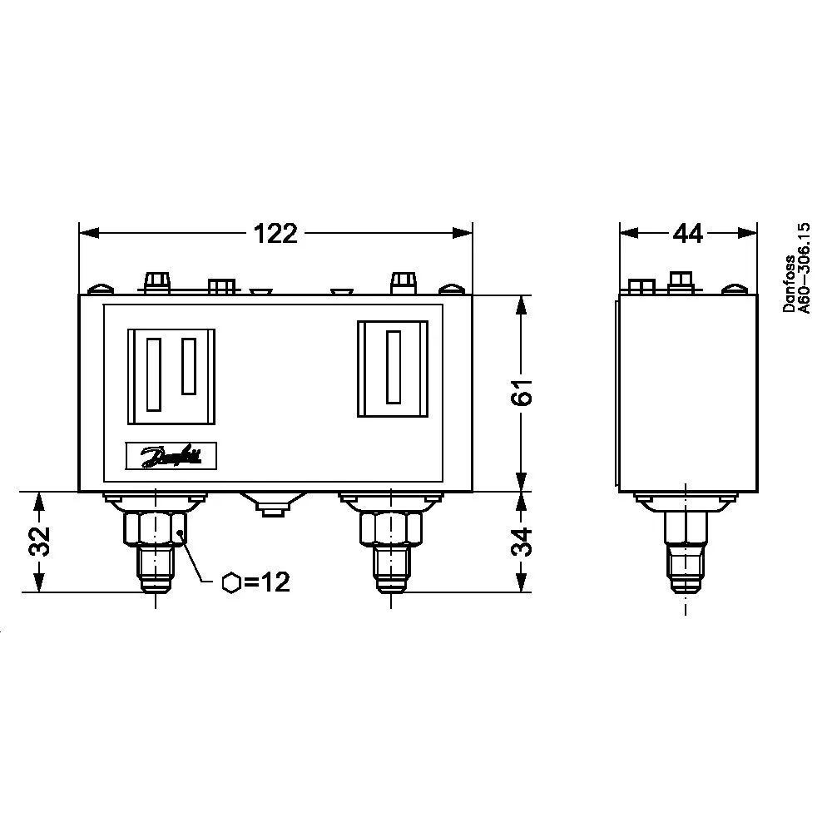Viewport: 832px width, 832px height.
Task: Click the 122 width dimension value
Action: click(x=275, y=234)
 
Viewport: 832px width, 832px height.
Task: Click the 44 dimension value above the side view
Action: click(x=688, y=234)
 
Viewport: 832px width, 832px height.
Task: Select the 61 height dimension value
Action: click(x=522, y=392)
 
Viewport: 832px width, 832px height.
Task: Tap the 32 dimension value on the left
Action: click(x=39, y=541)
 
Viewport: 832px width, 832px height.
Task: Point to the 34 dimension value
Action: click(x=522, y=541)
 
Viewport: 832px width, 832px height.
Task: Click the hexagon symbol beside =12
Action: click(x=231, y=582)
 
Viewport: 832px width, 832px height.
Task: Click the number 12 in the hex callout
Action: click(x=276, y=582)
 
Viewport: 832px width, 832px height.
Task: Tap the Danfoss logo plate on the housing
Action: click(x=171, y=456)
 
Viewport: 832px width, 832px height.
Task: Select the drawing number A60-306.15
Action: click(x=805, y=268)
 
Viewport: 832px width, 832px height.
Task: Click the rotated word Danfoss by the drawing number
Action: click(x=790, y=284)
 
